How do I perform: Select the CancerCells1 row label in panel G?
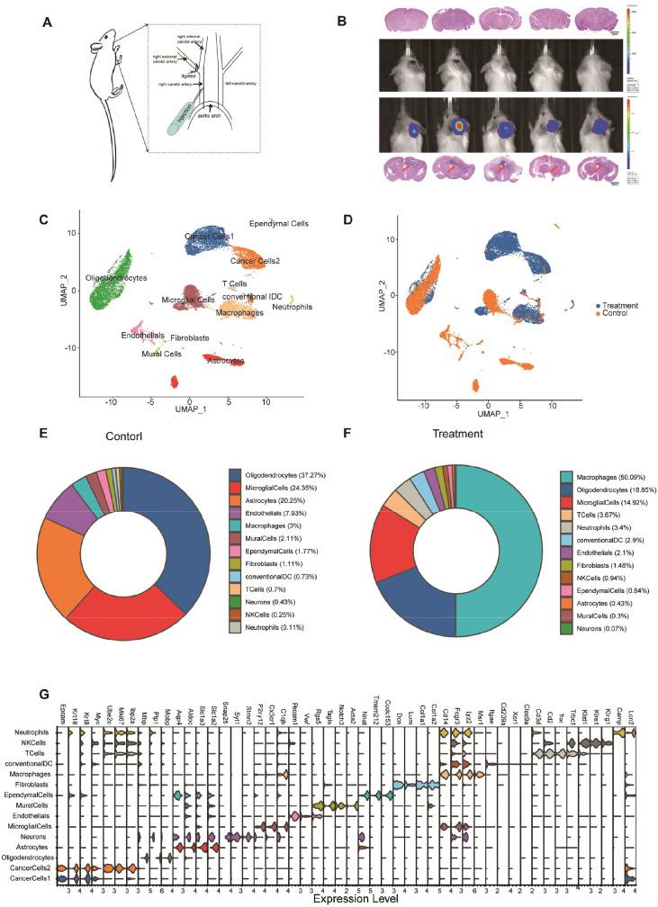tap(32, 878)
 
